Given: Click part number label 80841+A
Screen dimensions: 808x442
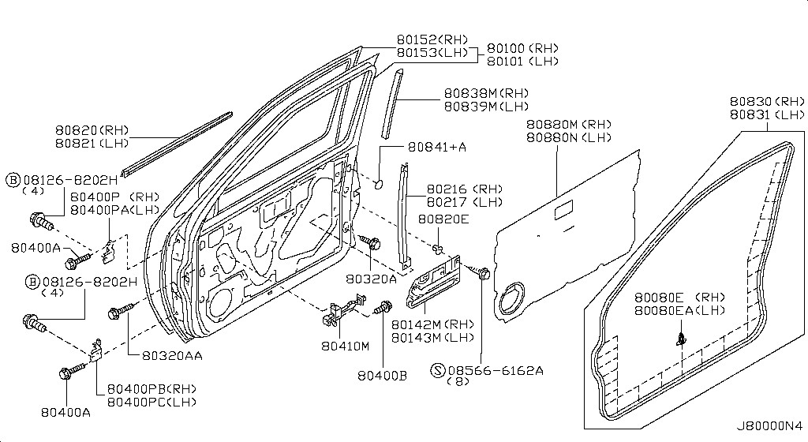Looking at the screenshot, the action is click(x=437, y=147).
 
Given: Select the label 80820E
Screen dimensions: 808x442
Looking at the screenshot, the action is click(x=443, y=219).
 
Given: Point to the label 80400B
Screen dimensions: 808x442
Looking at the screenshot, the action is click(x=383, y=376).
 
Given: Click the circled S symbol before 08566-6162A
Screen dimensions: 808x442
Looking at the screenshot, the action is click(x=437, y=370).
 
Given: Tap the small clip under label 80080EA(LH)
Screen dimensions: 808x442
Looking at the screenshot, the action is click(x=681, y=338).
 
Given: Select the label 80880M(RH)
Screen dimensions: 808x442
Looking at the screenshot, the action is click(x=569, y=124).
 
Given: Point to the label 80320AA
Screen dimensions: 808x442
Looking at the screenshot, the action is click(x=172, y=355).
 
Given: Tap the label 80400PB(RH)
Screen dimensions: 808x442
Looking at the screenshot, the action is click(x=151, y=389).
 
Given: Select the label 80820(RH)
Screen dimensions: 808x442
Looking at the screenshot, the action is click(x=92, y=130).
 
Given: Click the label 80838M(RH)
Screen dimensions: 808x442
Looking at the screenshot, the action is click(x=486, y=93).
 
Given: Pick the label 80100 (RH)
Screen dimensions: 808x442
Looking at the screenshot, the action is click(x=522, y=48).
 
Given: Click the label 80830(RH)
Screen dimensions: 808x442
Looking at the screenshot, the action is click(x=767, y=101).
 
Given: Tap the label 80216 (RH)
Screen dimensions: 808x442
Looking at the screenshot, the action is click(x=464, y=189).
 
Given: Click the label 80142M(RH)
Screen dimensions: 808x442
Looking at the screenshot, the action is click(x=433, y=324).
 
